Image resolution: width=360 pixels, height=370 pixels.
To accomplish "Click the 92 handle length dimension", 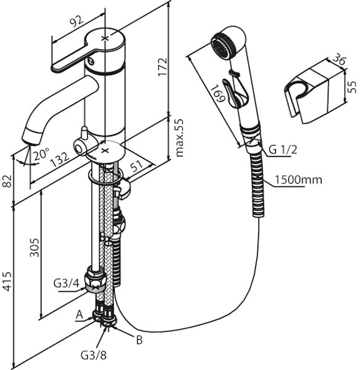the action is [x=77, y=22].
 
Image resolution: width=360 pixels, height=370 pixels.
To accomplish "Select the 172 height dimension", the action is [x=162, y=67].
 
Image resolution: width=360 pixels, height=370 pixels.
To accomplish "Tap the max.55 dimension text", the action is [x=179, y=138].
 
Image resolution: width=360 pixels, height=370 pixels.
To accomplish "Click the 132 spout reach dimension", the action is [x=61, y=158].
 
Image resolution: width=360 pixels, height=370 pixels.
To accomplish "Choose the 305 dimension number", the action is [x=34, y=247].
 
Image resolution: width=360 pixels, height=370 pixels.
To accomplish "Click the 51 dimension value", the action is [x=137, y=166].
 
